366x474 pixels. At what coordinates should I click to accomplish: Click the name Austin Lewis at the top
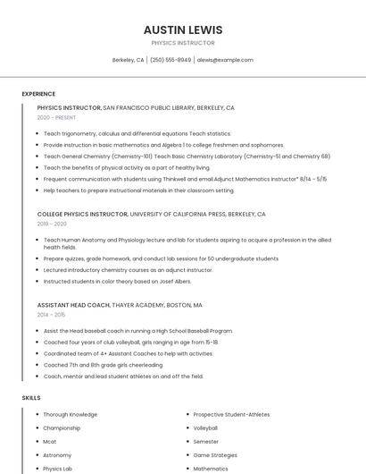point(183,30)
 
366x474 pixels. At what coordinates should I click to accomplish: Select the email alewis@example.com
point(225,60)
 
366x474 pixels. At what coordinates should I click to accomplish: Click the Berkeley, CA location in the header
point(128,60)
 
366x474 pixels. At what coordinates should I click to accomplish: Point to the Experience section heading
point(38,94)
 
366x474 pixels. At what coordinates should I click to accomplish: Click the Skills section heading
point(31,397)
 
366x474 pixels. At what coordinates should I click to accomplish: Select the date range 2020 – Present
point(56,117)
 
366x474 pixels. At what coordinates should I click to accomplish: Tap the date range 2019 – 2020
point(53,224)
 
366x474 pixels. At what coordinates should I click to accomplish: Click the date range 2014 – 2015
point(51,315)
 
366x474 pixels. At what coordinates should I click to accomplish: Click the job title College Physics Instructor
point(82,215)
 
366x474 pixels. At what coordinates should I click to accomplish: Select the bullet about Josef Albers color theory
point(117,281)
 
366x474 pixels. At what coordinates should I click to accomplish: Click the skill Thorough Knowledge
point(71,415)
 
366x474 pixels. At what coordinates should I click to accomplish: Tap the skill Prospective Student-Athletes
point(231,415)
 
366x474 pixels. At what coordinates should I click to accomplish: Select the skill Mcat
point(50,442)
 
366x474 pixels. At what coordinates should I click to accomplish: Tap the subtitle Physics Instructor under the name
point(183,43)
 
